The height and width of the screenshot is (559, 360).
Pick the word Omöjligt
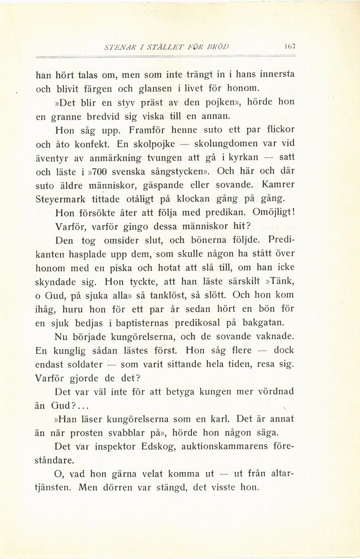point(273,212)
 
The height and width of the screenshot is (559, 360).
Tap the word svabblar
point(131,433)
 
